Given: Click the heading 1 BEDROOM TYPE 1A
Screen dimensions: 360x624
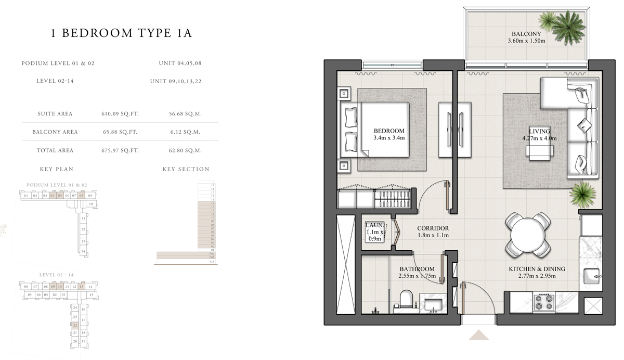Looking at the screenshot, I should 122,34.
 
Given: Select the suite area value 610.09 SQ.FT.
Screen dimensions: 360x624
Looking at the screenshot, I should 120,113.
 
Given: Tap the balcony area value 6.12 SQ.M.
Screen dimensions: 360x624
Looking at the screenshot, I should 185,132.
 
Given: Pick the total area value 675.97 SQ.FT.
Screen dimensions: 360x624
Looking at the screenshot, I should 120,150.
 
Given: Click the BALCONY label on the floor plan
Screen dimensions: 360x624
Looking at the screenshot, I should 526,34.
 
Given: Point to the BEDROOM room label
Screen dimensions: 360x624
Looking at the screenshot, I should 388,131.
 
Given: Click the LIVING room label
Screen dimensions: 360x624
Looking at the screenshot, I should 539,131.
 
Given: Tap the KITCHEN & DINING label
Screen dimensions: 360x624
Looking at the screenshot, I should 537,269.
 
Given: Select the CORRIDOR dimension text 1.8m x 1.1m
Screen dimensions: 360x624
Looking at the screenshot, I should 433,236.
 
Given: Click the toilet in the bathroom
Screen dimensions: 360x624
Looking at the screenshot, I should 406,300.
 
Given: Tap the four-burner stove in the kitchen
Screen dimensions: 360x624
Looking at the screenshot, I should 544,302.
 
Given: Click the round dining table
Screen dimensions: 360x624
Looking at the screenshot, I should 527,235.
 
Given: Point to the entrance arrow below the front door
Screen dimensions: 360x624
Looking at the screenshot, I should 478,335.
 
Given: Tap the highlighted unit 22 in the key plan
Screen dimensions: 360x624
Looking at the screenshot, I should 75,325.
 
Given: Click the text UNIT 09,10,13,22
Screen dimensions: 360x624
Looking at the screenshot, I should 175,81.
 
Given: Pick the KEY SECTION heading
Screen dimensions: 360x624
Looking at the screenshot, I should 186,169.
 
